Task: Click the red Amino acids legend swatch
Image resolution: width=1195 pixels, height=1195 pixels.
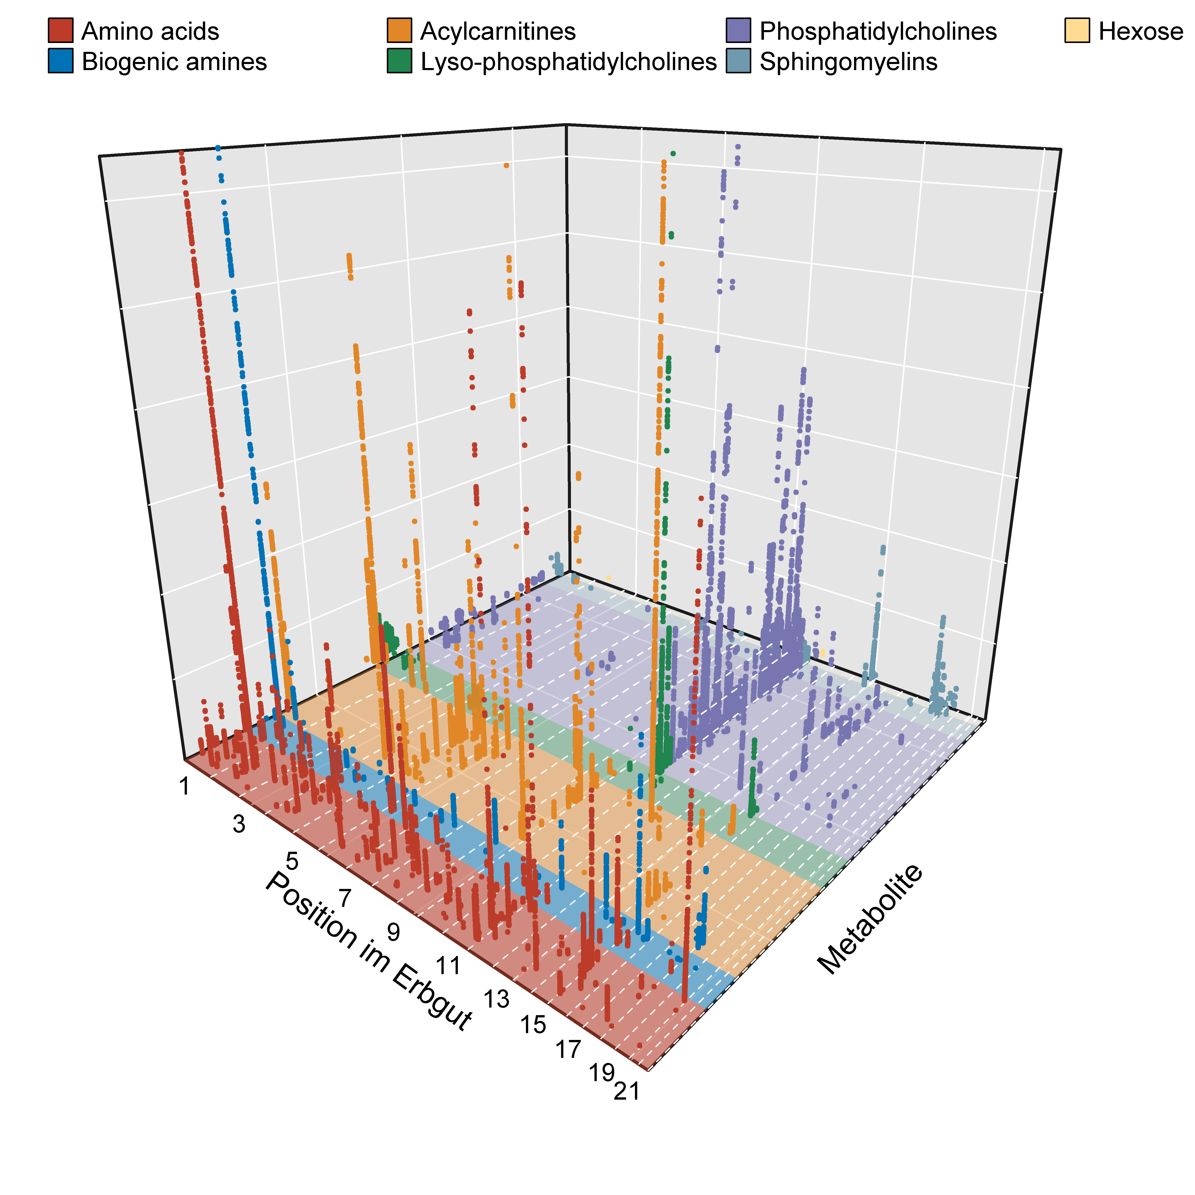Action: [x=61, y=32]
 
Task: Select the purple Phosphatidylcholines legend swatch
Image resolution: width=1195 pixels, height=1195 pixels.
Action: [x=738, y=32]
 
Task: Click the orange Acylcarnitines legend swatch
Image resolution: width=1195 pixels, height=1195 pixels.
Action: [x=400, y=32]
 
